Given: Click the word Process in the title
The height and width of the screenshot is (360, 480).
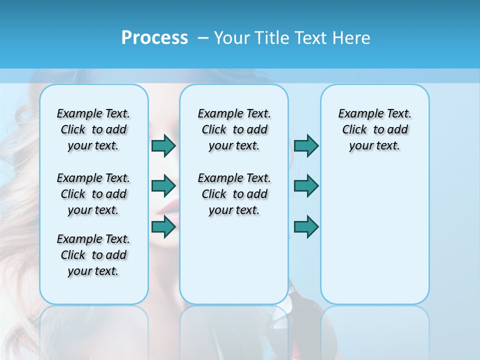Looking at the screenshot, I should pyautogui.click(x=154, y=37).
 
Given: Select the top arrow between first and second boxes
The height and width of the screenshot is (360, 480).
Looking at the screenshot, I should pyautogui.click(x=163, y=145).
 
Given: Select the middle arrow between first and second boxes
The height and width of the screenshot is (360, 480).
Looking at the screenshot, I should pyautogui.click(x=163, y=186).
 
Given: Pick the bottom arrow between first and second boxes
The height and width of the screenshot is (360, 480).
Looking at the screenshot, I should pyautogui.click(x=163, y=226).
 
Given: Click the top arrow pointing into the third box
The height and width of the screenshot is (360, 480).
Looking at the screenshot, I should pyautogui.click(x=306, y=145).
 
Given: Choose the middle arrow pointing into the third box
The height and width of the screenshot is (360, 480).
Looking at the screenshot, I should pyautogui.click(x=306, y=186).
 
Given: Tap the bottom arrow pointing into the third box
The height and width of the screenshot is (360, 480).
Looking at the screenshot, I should pyautogui.click(x=306, y=226).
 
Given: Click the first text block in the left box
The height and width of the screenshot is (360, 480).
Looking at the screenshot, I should pyautogui.click(x=93, y=129).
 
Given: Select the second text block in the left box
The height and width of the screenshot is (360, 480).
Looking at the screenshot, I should pyautogui.click(x=93, y=194).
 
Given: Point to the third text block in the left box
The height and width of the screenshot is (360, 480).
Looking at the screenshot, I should pyautogui.click(x=93, y=255).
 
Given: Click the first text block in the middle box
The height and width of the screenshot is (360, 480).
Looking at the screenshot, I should pyautogui.click(x=234, y=129).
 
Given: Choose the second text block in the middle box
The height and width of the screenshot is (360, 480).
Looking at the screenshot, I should pyautogui.click(x=234, y=194).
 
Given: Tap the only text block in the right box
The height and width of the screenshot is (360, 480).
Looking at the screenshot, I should pyautogui.click(x=374, y=129).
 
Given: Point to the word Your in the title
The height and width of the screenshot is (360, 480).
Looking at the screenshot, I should pyautogui.click(x=232, y=37).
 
